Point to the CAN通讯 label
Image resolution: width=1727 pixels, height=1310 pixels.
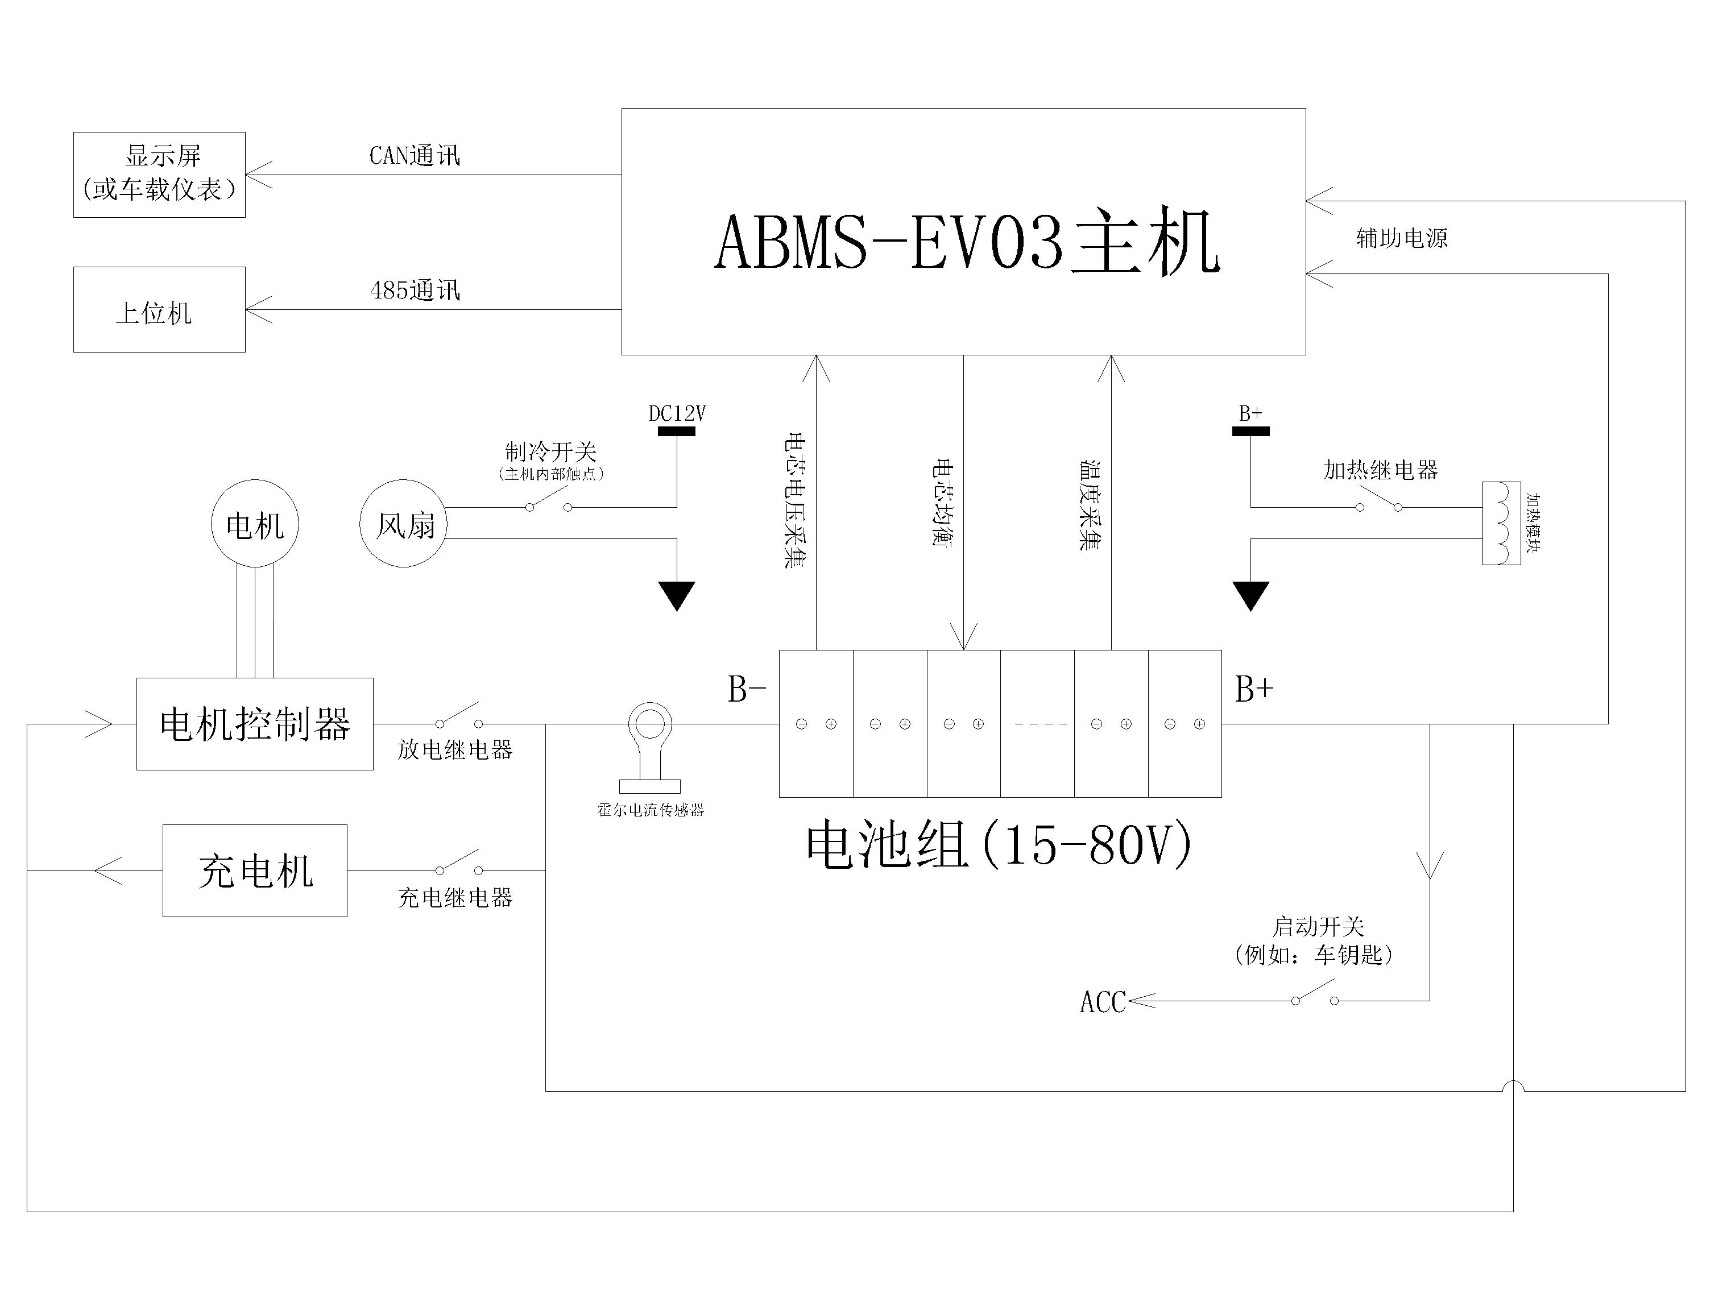tap(415, 155)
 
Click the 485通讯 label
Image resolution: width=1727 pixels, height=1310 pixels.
tap(415, 291)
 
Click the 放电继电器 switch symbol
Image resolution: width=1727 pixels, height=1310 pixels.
tap(459, 715)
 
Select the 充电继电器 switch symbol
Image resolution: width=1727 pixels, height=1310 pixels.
tap(459, 862)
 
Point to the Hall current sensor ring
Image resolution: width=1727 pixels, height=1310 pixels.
tap(651, 705)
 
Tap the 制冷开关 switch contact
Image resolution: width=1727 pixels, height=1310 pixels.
tap(549, 498)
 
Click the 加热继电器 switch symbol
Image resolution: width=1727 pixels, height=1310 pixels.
tap(1379, 498)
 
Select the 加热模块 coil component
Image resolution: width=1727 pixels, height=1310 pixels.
tap(1501, 523)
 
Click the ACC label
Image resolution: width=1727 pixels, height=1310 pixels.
tap(1103, 1002)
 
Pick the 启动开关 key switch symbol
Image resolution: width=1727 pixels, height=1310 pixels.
tap(1315, 992)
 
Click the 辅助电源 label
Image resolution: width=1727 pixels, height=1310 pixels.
tap(1401, 238)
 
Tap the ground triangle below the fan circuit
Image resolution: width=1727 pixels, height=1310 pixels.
tap(677, 596)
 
